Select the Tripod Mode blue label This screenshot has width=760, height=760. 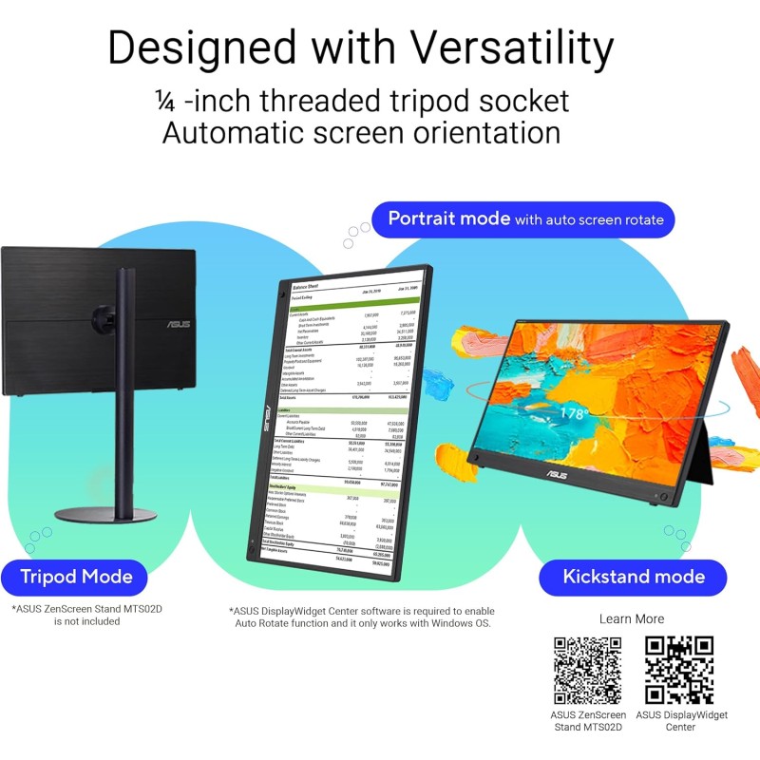77,576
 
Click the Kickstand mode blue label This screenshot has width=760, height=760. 633,577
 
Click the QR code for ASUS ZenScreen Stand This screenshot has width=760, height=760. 588,670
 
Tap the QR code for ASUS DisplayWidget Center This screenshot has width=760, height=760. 680,670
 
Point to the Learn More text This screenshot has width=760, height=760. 632,618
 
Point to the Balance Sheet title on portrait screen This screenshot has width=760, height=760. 306,285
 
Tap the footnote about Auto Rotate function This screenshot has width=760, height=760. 361,617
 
